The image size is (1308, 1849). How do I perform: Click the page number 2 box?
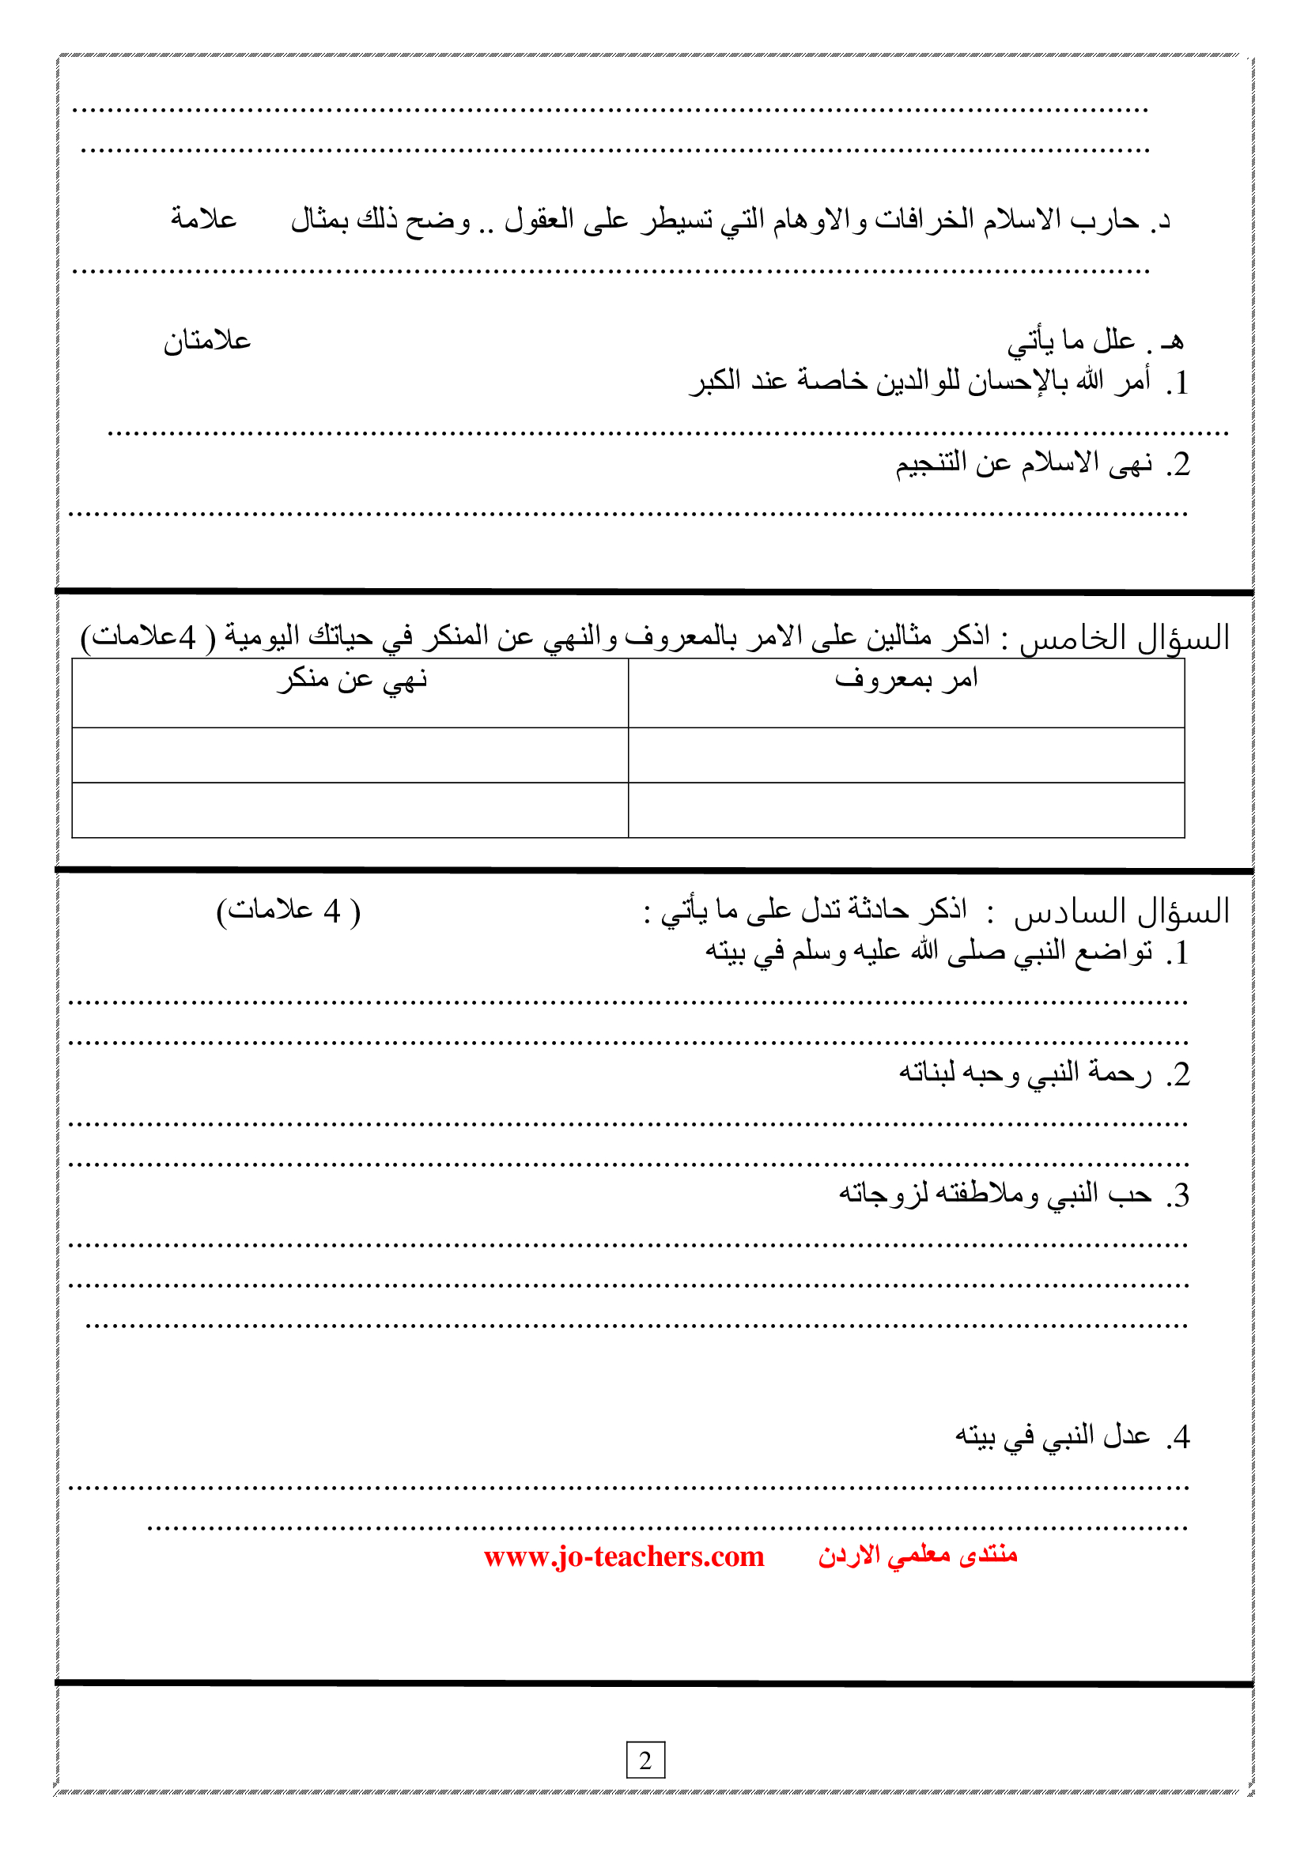tap(645, 1760)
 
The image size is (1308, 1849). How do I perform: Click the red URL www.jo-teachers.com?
tap(623, 1557)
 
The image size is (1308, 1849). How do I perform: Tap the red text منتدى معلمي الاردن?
tap(917, 1555)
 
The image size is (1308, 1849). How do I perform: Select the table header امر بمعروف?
tap(905, 680)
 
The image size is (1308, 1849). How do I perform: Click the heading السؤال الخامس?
tap(1125, 639)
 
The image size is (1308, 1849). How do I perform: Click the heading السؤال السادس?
tap(1121, 911)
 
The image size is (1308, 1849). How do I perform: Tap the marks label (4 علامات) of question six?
tap(289, 911)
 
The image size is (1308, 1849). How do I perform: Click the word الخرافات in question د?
tap(924, 219)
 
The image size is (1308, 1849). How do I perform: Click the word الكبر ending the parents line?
tap(714, 381)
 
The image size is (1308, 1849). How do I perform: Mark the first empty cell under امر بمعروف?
tap(905, 755)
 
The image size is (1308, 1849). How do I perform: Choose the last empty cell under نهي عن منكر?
tap(350, 810)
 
